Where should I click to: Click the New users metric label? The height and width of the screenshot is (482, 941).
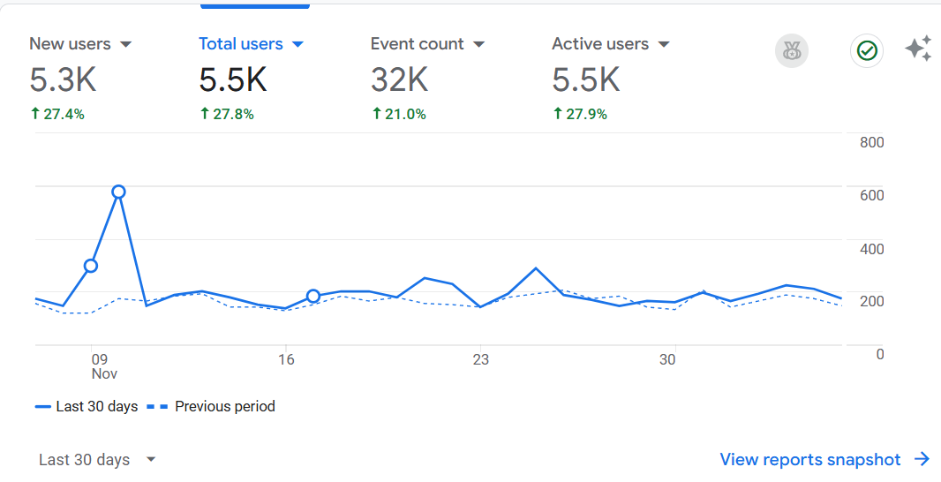tap(71, 44)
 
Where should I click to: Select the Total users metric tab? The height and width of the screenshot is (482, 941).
tap(241, 44)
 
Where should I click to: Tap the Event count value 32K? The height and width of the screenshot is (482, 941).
tap(400, 79)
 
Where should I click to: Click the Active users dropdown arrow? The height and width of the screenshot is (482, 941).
tap(664, 44)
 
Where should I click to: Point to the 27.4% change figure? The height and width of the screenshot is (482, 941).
tap(57, 114)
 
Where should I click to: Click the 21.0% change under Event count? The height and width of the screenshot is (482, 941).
tap(399, 114)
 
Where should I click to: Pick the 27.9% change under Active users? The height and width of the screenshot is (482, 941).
tap(580, 114)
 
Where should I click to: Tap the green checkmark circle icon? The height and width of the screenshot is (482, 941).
tap(867, 51)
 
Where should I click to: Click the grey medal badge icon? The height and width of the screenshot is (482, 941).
tap(792, 51)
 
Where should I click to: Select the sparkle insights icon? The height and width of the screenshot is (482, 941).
tap(919, 49)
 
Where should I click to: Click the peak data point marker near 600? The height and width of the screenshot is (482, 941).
tap(119, 192)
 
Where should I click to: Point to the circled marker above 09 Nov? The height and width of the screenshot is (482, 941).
tap(91, 266)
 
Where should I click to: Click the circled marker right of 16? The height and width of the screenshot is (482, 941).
tap(313, 296)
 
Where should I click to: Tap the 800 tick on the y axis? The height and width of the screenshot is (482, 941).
tap(871, 143)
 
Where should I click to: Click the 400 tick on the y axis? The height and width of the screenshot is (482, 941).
tap(871, 248)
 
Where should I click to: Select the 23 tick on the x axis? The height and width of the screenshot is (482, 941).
tap(480, 359)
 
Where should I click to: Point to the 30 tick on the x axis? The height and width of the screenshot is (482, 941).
tap(667, 359)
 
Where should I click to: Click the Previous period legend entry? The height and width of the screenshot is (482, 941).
tap(211, 406)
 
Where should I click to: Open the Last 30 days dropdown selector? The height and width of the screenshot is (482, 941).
tap(97, 460)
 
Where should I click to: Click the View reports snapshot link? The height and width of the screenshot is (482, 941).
tap(825, 460)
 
